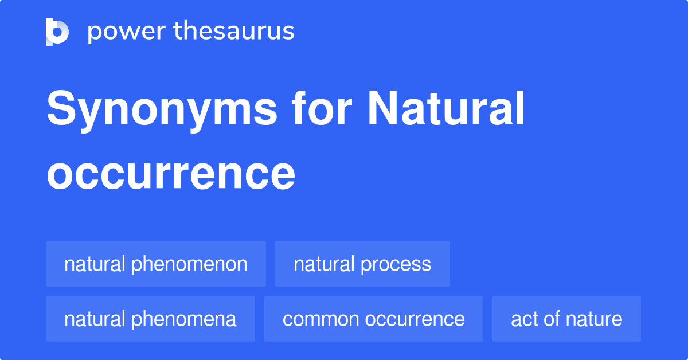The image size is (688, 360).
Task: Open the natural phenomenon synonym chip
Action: [156, 264]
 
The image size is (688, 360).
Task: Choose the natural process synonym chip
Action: [362, 264]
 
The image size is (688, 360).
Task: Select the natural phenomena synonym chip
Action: [150, 319]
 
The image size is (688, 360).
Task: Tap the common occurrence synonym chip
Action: [373, 319]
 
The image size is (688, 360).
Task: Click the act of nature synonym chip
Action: [566, 319]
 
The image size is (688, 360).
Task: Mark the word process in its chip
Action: [396, 264]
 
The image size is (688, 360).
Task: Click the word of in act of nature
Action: [552, 319]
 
